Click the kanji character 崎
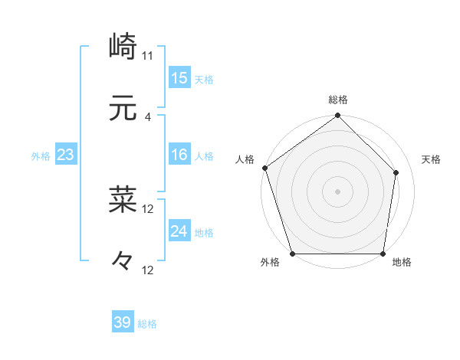pyautogui.click(x=123, y=47)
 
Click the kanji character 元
pyautogui.click(x=123, y=110)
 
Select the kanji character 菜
pyautogui.click(x=123, y=200)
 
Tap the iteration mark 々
pyautogui.click(x=123, y=262)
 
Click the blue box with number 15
pyautogui.click(x=179, y=78)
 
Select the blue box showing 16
pyautogui.click(x=179, y=155)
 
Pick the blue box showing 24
pyautogui.click(x=179, y=232)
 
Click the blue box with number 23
pyautogui.click(x=66, y=155)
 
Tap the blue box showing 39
pyautogui.click(x=123, y=322)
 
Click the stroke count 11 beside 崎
pyautogui.click(x=148, y=56)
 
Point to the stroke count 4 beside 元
pyautogui.click(x=148, y=117)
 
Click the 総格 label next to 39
pyautogui.click(x=148, y=324)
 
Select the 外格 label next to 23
pyautogui.click(x=41, y=156)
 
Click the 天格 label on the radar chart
pyautogui.click(x=431, y=159)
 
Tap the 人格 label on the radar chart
pyautogui.click(x=245, y=159)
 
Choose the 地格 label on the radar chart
pyautogui.click(x=401, y=263)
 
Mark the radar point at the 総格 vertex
pyautogui.click(x=337, y=116)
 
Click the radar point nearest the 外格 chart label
pyautogui.click(x=293, y=254)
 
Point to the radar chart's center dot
pyautogui.click(x=337, y=191)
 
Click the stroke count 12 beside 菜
pyautogui.click(x=148, y=208)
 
